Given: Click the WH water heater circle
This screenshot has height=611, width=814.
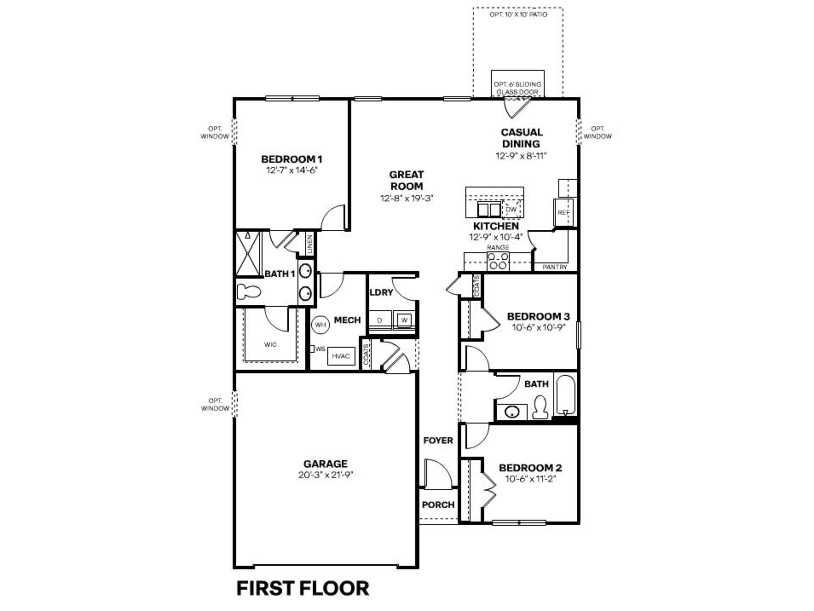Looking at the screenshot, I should coord(320,325).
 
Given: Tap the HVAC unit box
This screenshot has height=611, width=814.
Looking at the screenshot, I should coord(341,356).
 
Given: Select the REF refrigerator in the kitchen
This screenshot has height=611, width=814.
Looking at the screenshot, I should coord(563,213).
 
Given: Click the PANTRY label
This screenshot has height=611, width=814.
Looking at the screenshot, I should coord(555,267).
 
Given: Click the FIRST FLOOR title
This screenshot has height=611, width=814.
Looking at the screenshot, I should coord(302,588).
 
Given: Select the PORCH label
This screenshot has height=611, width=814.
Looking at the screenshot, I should coord(438,505).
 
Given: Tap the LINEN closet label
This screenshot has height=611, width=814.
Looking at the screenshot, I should coord(310,244).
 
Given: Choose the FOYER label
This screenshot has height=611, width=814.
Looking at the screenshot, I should coord(438,440).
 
